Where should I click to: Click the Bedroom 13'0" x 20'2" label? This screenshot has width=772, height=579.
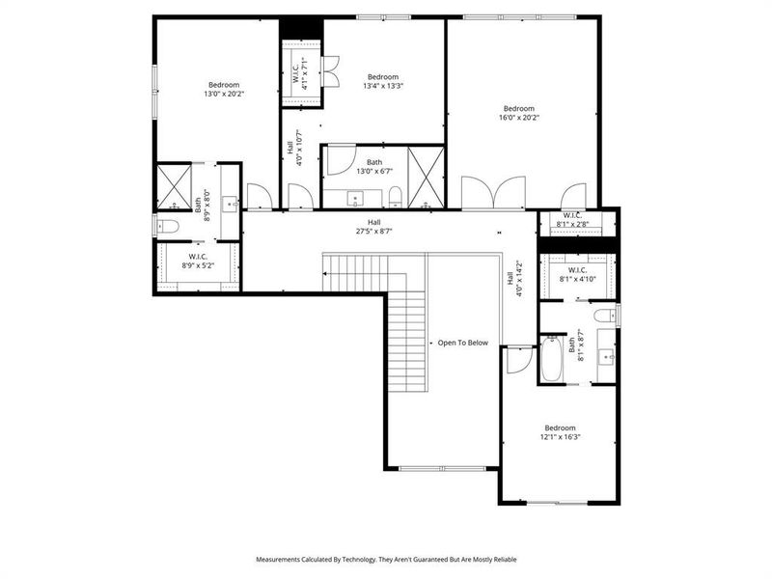tap(223, 90)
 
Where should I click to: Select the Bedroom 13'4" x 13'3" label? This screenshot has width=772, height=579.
tap(383, 82)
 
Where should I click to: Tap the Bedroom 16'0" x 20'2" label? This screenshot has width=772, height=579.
tap(519, 113)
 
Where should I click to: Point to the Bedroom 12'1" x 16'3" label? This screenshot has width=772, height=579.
tap(560, 432)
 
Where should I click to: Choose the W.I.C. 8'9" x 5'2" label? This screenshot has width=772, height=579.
tap(200, 261)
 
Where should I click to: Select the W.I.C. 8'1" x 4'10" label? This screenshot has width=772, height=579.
tap(578, 275)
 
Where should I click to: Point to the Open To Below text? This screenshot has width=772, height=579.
tap(463, 343)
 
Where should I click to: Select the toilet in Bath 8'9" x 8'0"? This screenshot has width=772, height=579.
tap(167, 227)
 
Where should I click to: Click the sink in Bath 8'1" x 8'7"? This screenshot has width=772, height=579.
tap(607, 355)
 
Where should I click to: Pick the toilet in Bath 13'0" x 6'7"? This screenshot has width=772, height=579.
tap(396, 199)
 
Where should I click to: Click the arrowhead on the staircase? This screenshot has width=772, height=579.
tap(326, 276)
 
